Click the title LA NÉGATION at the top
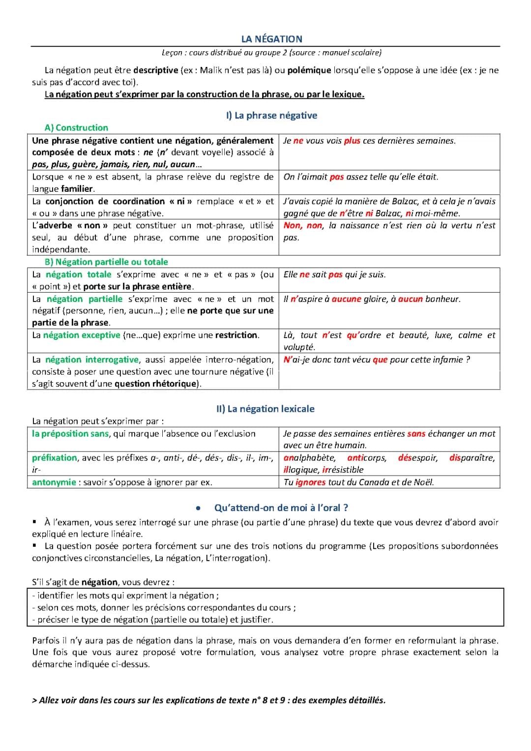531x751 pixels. coord(271,39)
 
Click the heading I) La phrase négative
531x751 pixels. coord(271,116)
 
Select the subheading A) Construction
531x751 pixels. coord(76,128)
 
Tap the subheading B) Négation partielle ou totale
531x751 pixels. coord(106,262)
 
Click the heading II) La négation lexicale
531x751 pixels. coord(265,409)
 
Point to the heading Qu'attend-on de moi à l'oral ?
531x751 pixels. coord(281,508)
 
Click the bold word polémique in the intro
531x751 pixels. coord(309,70)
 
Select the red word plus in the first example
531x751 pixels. coord(352,141)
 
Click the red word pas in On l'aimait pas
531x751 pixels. coord(337,177)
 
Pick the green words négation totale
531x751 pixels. coord(79,274)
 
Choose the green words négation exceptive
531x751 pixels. coord(82,335)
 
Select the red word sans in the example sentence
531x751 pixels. coord(416,434)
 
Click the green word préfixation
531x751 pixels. coord(55,458)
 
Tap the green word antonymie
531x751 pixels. coord(54,482)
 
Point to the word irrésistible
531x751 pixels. coord(343,470)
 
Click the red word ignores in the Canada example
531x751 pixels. coord(310,482)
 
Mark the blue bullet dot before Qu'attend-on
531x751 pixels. coord(198,509)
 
